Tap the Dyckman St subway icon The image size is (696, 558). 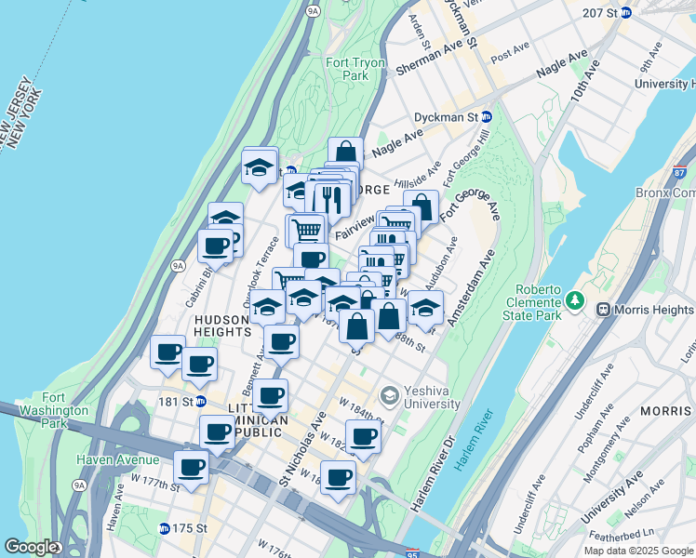[487, 117]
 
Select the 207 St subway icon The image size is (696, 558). [626, 13]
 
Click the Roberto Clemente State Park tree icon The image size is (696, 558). [575, 300]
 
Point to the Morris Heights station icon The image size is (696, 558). [604, 309]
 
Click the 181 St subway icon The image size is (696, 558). [200, 402]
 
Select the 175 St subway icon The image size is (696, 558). [165, 528]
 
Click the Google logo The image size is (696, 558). [31, 547]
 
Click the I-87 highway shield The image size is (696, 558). [680, 172]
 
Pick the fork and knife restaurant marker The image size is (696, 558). [331, 198]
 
